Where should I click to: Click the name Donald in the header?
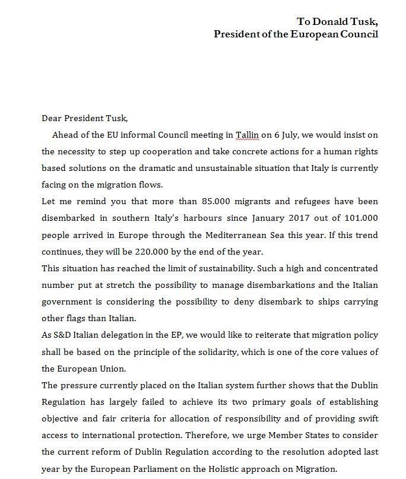coord(327,21)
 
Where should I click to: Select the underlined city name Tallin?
coord(247,135)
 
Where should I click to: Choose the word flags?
coord(78,319)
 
